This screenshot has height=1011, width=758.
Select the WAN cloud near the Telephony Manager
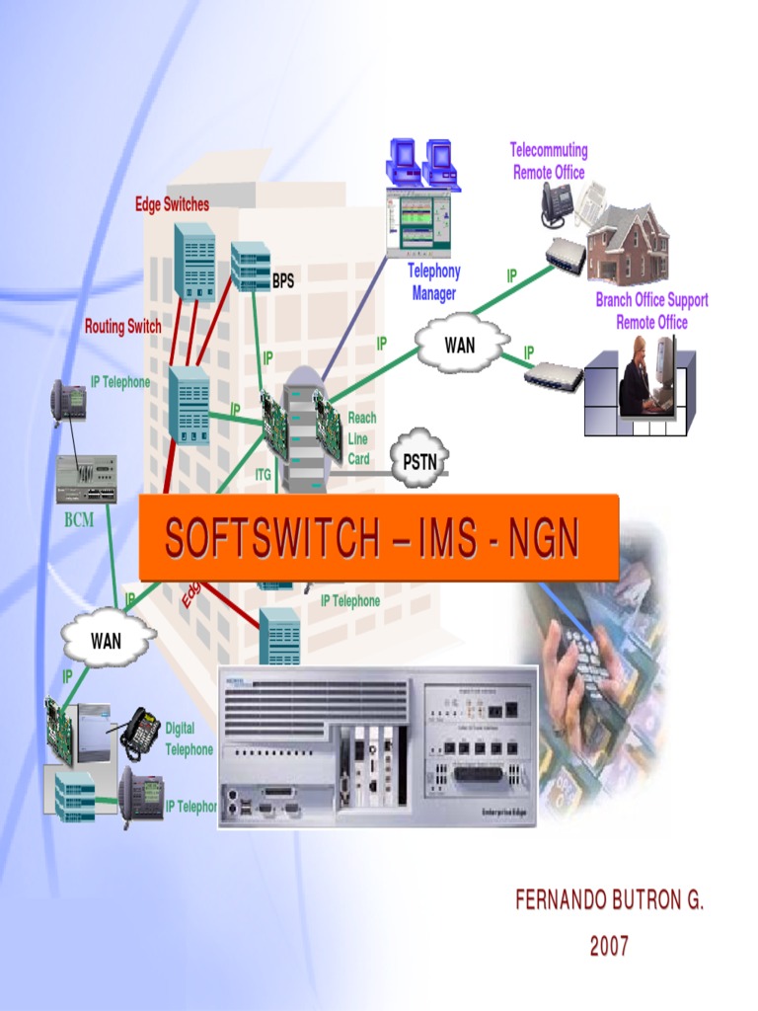pos(459,346)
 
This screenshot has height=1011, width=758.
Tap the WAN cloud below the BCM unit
pos(107,641)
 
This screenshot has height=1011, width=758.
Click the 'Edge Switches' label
pos(172,204)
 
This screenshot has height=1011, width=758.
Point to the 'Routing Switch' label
pos(123,326)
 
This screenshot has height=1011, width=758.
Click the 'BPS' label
pos(283,281)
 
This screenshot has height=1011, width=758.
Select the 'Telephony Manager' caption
pos(434,282)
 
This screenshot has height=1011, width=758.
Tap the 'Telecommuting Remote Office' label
pos(549,161)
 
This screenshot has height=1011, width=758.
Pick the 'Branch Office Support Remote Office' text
pos(651,311)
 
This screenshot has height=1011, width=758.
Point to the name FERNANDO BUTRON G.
pos(609,900)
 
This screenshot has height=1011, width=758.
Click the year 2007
pos(609,947)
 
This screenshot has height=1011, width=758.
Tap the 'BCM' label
pos(79,520)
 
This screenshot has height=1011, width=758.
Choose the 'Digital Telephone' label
pos(189,739)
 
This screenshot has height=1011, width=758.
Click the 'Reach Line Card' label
pos(361,438)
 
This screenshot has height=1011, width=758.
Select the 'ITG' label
pos(263,475)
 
